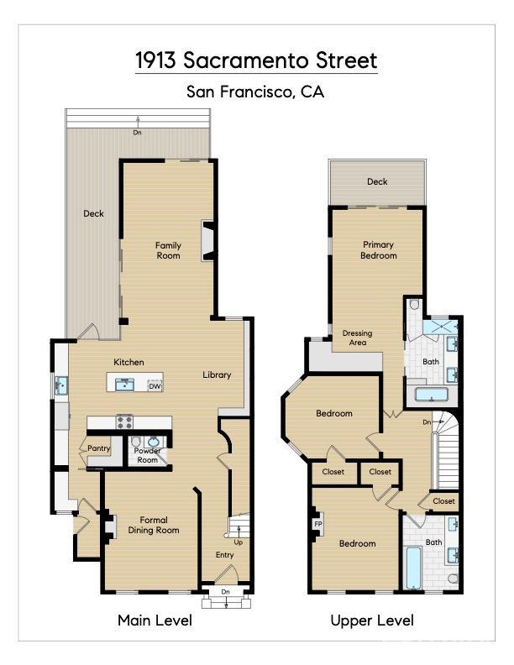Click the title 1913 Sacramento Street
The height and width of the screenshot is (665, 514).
click(256, 61)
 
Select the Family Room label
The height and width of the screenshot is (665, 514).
click(168, 250)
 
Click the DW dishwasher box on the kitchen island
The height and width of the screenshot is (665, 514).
click(155, 386)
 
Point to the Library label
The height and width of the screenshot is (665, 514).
click(217, 374)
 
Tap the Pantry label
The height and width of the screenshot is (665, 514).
click(99, 448)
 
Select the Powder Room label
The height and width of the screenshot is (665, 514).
click(148, 455)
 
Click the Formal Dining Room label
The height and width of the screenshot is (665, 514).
click(154, 525)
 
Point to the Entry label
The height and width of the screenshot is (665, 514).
click(225, 555)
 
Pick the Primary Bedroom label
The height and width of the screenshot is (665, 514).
click(378, 250)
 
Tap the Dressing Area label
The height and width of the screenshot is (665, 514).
click(358, 338)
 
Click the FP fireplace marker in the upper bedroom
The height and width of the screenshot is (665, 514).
click(318, 523)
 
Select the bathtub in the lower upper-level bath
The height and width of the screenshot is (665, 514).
click(413, 568)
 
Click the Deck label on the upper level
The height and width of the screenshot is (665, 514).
click(377, 181)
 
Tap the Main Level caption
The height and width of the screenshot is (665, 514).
click(155, 620)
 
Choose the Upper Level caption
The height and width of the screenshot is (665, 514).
click(372, 620)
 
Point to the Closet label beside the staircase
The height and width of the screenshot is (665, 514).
click(443, 501)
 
